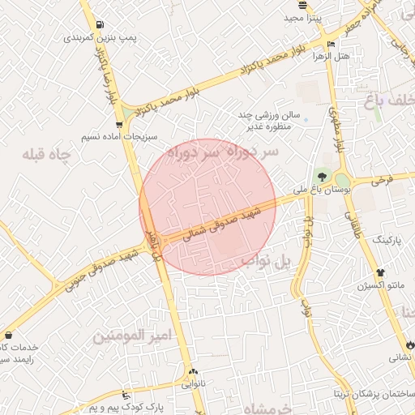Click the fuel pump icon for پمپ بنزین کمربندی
coord(99,24)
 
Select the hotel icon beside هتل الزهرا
coord(331,44)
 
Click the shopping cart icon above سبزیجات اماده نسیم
coord(120,125)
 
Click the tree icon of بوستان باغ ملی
coord(323,176)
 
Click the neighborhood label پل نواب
coord(267,261)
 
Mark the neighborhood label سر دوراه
coord(221,152)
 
